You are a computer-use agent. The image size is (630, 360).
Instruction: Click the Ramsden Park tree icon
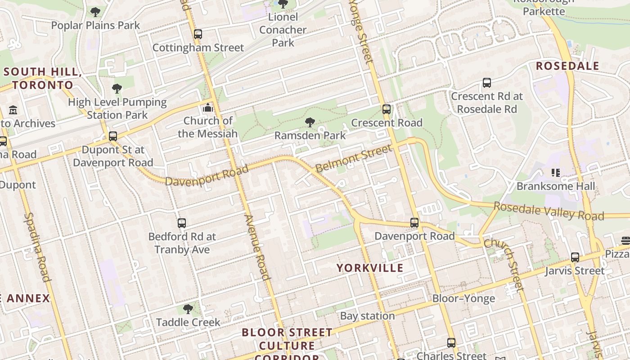[310, 122]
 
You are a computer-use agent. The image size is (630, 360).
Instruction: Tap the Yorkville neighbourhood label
[370, 268]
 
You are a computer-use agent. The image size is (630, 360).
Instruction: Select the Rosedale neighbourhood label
[567, 66]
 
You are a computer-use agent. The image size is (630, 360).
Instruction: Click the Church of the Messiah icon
[207, 108]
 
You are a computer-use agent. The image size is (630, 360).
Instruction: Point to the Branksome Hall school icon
[555, 173]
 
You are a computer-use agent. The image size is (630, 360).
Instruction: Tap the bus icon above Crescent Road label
[386, 109]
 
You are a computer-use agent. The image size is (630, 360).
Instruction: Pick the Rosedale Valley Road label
[549, 211]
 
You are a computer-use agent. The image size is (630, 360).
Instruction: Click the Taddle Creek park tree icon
[188, 309]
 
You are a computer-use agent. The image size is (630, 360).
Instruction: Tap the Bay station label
[367, 316]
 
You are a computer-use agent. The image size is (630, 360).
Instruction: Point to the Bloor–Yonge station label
[463, 298]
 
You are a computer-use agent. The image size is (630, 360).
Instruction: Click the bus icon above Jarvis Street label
[575, 257]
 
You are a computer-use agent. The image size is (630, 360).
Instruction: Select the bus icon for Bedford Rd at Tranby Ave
[182, 223]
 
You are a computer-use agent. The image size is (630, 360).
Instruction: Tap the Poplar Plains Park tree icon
[95, 12]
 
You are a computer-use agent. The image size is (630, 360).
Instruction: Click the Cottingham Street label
[198, 48]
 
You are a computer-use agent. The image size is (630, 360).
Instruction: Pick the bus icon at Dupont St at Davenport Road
[112, 136]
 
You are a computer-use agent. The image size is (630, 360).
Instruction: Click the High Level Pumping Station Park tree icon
[117, 89]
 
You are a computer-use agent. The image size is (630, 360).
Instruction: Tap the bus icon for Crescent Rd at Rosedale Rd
[486, 83]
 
